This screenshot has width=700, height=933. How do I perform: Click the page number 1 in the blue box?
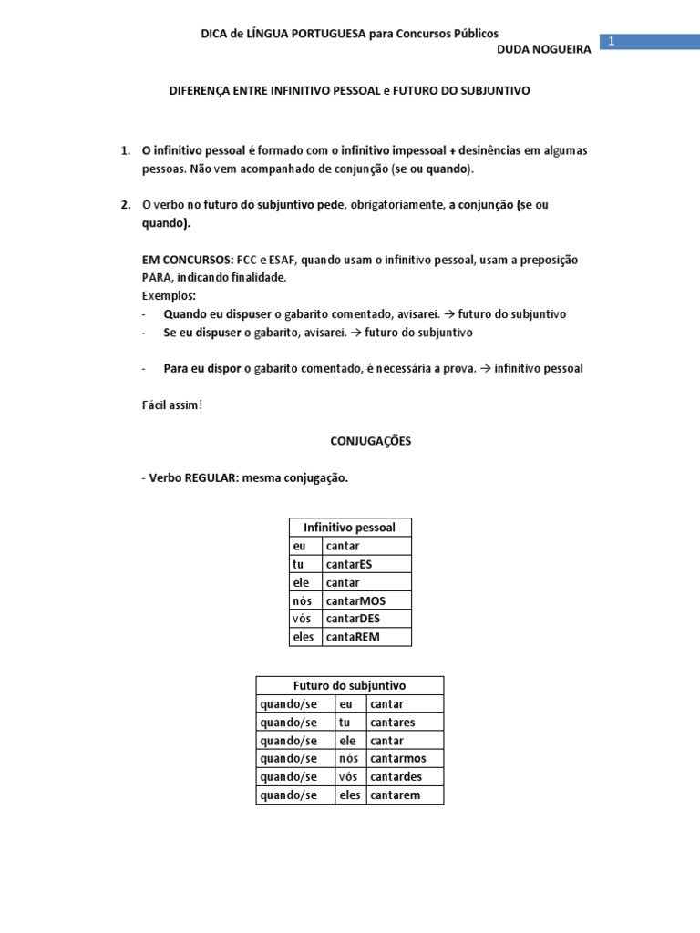click(612, 42)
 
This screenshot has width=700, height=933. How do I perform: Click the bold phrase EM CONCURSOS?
click(186, 260)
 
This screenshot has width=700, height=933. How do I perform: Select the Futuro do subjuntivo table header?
click(349, 686)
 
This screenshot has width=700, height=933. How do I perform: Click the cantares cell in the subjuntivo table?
click(393, 723)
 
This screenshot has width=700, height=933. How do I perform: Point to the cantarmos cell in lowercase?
click(397, 759)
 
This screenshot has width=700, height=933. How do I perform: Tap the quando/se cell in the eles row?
click(289, 795)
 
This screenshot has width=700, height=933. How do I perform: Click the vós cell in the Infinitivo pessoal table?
click(302, 619)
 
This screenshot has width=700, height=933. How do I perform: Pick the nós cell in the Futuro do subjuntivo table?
click(348, 759)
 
